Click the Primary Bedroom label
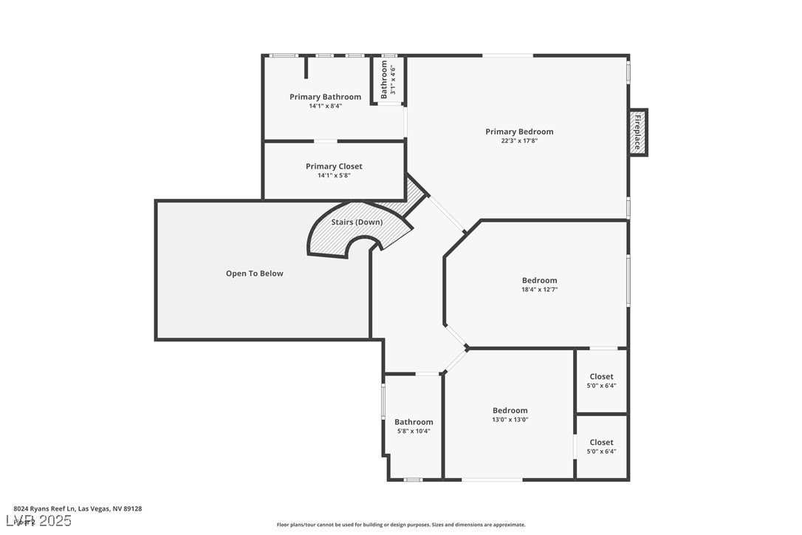pyautogui.click(x=518, y=132)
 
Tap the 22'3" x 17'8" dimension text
pyautogui.click(x=518, y=140)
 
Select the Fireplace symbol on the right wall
pyautogui.click(x=638, y=132)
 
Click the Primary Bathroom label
pyautogui.click(x=325, y=97)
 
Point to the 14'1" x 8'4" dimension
pyautogui.click(x=325, y=106)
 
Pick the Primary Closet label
pyautogui.click(x=334, y=166)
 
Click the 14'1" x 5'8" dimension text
pyautogui.click(x=334, y=175)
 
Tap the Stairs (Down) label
pyautogui.click(x=357, y=222)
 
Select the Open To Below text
pyautogui.click(x=254, y=273)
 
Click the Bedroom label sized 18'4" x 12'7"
pyautogui.click(x=539, y=280)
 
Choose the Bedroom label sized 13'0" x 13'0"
pyautogui.click(x=510, y=410)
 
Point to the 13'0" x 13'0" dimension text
pyautogui.click(x=510, y=419)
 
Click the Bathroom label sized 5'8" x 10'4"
pyautogui.click(x=414, y=422)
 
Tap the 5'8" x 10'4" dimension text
pyautogui.click(x=414, y=431)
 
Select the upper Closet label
pyautogui.click(x=601, y=377)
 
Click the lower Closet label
pyautogui.click(x=601, y=443)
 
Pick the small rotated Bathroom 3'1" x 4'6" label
pyautogui.click(x=388, y=80)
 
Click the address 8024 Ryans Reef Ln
pyautogui.click(x=78, y=508)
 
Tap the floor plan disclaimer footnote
pyautogui.click(x=401, y=525)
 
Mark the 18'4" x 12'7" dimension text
pyautogui.click(x=539, y=289)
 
